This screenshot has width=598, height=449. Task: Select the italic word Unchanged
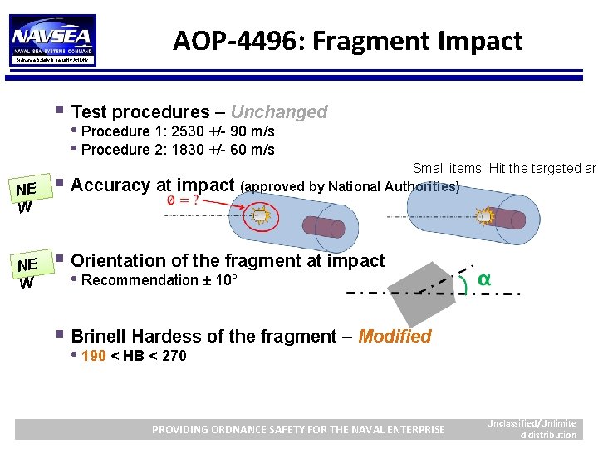tap(279, 112)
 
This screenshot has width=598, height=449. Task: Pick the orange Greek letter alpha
tap(483, 279)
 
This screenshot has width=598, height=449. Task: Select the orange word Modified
tap(395, 337)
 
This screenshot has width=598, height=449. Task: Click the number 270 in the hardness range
tap(174, 356)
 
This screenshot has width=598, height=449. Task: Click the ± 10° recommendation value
tap(220, 280)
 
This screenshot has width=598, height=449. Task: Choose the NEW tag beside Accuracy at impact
tap(27, 198)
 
